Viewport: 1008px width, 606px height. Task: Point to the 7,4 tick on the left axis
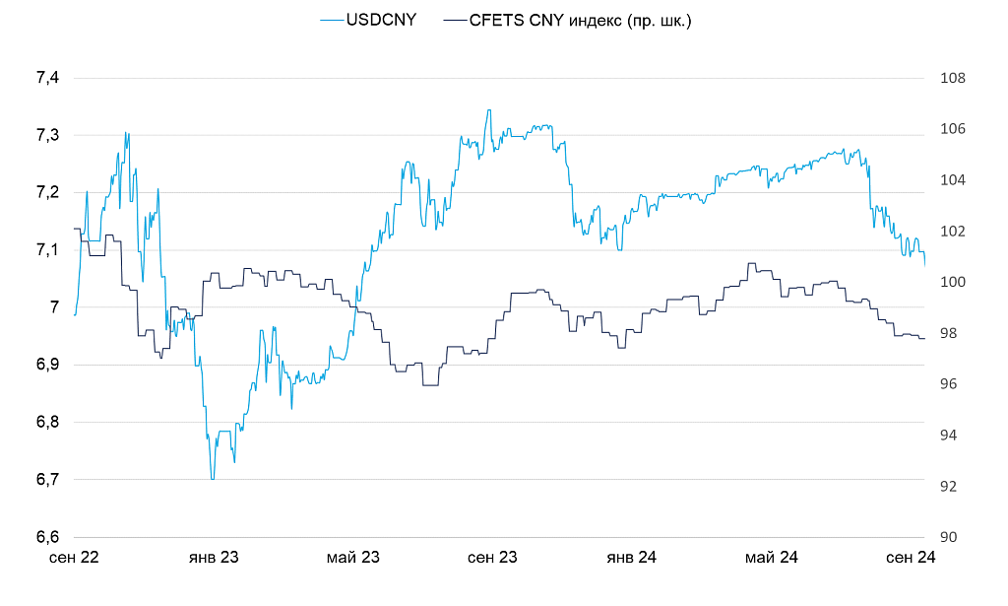pyautogui.click(x=47, y=78)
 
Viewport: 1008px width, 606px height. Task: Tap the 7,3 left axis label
pyautogui.click(x=47, y=135)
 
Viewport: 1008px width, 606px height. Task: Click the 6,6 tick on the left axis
pyautogui.click(x=47, y=537)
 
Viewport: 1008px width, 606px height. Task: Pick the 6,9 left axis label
pyautogui.click(x=47, y=365)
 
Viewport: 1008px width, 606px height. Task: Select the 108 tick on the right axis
pyautogui.click(x=952, y=78)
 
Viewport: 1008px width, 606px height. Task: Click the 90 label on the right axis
pyautogui.click(x=948, y=537)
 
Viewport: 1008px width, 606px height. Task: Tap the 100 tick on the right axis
pyautogui.click(x=952, y=282)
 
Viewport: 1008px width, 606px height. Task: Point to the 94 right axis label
pyautogui.click(x=948, y=435)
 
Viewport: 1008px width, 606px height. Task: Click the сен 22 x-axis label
pyautogui.click(x=74, y=558)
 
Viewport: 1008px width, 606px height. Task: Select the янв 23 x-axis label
pyautogui.click(x=214, y=558)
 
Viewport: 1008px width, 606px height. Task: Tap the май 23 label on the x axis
pyautogui.click(x=352, y=558)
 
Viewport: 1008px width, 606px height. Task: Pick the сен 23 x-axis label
pyautogui.click(x=492, y=558)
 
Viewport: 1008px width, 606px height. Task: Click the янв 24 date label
pyautogui.click(x=631, y=558)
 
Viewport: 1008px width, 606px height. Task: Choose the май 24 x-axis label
pyautogui.click(x=771, y=558)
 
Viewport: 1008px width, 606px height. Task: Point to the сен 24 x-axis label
pyautogui.click(x=911, y=558)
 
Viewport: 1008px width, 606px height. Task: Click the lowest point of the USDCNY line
pyautogui.click(x=212, y=479)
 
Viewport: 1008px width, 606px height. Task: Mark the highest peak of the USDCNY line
pyautogui.click(x=488, y=109)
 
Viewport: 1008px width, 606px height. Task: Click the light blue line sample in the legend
pyautogui.click(x=332, y=20)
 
